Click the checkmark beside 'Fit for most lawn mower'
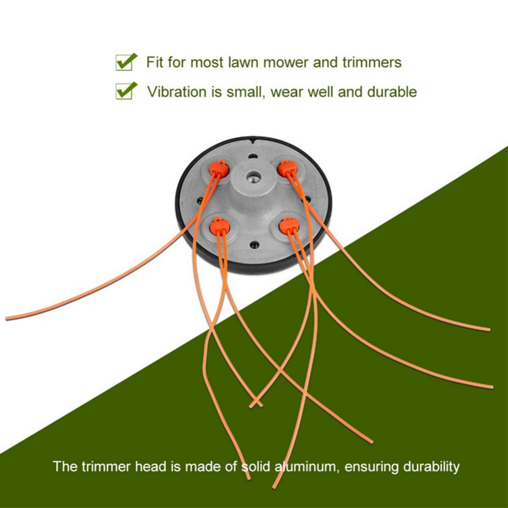pyautogui.click(x=126, y=62)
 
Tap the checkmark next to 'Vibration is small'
pyautogui.click(x=126, y=91)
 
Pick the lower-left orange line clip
pyautogui.click(x=219, y=225)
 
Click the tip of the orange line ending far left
pyautogui.click(x=7, y=318)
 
